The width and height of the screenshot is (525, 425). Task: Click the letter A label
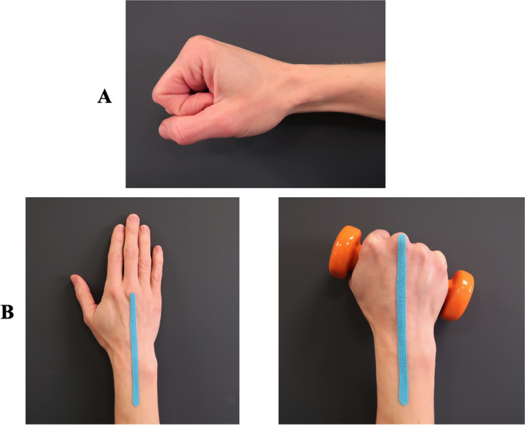tap(104, 97)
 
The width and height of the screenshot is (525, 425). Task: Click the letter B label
tap(7, 311)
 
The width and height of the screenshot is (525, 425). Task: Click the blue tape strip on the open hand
tap(134, 347)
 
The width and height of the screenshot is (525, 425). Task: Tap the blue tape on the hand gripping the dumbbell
tap(402, 321)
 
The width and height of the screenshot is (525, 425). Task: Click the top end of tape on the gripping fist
tap(401, 237)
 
